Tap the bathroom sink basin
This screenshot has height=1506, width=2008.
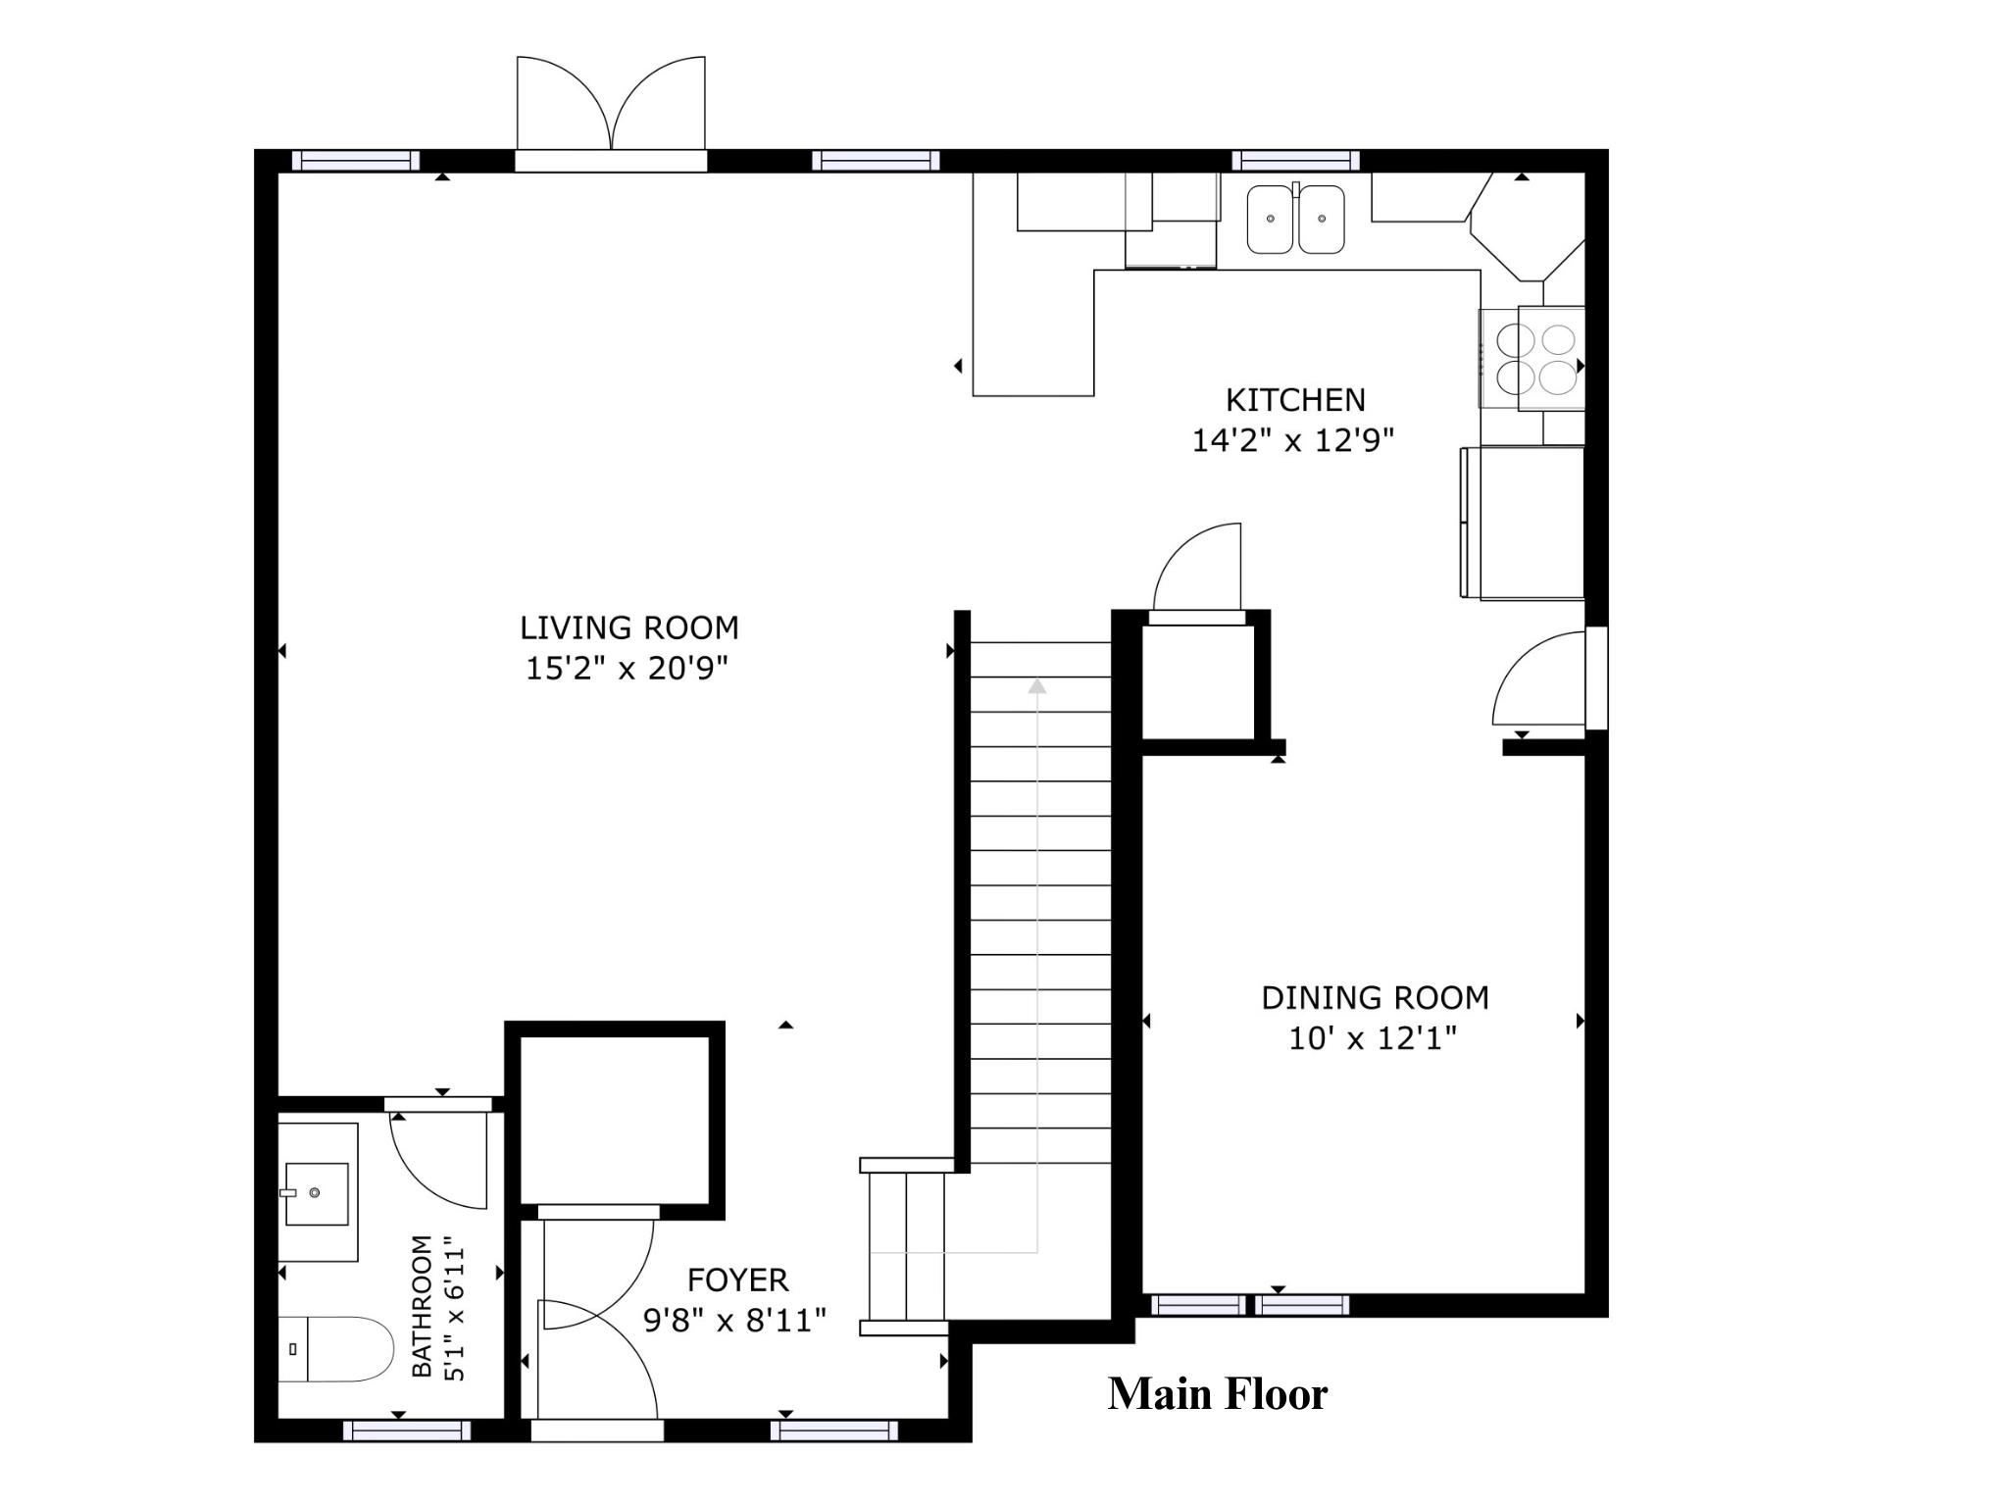click(x=316, y=1193)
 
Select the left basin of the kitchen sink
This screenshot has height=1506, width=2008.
click(x=1271, y=220)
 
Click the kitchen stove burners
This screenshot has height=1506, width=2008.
click(x=1531, y=358)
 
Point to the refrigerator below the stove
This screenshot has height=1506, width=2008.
click(x=1523, y=523)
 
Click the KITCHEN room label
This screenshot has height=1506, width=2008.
click(x=1295, y=400)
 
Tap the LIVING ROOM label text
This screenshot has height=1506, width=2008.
click(x=629, y=627)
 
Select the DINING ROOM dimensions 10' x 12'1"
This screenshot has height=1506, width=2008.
click(x=1373, y=1038)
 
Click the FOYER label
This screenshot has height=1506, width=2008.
click(x=737, y=1280)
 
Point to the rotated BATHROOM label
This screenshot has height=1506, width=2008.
click(x=422, y=1306)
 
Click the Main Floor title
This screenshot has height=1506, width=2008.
click(x=1218, y=1394)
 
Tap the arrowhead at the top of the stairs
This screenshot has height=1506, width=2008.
click(x=1037, y=685)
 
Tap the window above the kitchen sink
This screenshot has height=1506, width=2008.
click(x=1295, y=161)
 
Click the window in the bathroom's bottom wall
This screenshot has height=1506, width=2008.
click(x=407, y=1431)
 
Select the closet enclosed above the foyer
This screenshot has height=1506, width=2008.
click(x=615, y=1120)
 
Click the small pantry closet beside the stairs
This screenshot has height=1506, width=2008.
click(x=1198, y=681)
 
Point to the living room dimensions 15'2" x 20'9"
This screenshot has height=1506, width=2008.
click(x=627, y=669)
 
